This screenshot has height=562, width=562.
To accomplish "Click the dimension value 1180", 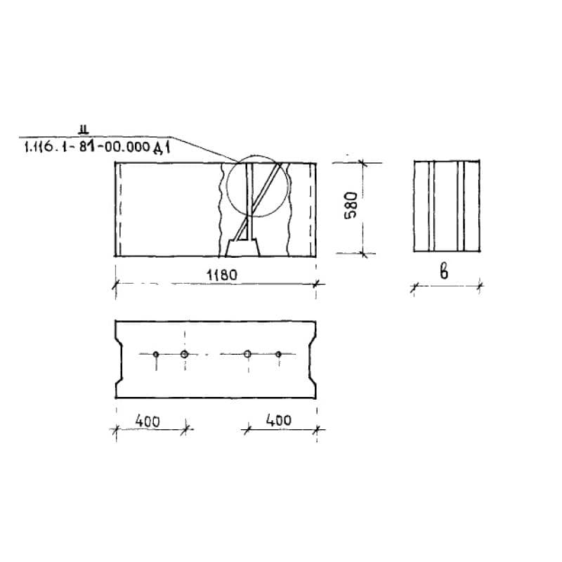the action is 222,275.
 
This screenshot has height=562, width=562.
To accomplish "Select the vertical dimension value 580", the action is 351,205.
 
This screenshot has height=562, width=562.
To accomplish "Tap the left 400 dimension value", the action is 148,421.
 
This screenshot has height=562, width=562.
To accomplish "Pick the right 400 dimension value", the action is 278,419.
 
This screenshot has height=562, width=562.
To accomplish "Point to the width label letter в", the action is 444,272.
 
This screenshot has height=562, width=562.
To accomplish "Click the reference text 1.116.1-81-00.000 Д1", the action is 97,147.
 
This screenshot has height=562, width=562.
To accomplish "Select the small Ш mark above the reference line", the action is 84,129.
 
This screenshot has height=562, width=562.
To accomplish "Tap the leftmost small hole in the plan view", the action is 155,354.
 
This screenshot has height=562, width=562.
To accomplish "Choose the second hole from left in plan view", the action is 185,354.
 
